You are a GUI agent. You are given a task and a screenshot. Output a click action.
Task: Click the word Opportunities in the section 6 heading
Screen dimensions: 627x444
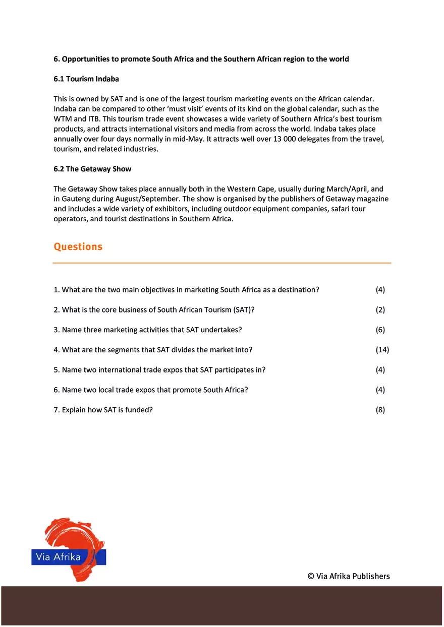[x=86, y=59]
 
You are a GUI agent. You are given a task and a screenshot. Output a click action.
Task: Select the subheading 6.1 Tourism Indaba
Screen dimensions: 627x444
[x=86, y=79]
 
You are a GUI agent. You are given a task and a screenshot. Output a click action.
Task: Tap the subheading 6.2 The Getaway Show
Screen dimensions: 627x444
[x=92, y=169]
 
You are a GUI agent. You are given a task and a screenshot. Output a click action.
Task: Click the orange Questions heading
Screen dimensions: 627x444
[x=78, y=246]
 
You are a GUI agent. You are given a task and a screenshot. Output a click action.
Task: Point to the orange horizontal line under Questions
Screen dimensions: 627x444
[x=222, y=263]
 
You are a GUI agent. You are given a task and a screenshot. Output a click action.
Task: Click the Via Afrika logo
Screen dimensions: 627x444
[x=69, y=549]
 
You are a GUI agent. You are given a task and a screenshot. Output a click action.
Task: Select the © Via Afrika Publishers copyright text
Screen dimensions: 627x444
[x=349, y=576]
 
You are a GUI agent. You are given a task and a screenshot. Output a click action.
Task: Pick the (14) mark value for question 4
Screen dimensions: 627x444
[x=382, y=350]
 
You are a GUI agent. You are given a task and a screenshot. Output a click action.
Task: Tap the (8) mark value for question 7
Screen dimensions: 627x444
[x=380, y=410]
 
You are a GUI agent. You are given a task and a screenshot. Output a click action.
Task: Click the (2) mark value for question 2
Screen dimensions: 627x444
[x=380, y=310]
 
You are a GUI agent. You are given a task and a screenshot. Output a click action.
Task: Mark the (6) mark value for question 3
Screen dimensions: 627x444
[x=380, y=330]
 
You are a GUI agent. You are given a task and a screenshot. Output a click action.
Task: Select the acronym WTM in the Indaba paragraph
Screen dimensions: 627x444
[x=63, y=119]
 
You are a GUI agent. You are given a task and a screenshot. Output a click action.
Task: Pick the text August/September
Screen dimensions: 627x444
[x=151, y=199]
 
